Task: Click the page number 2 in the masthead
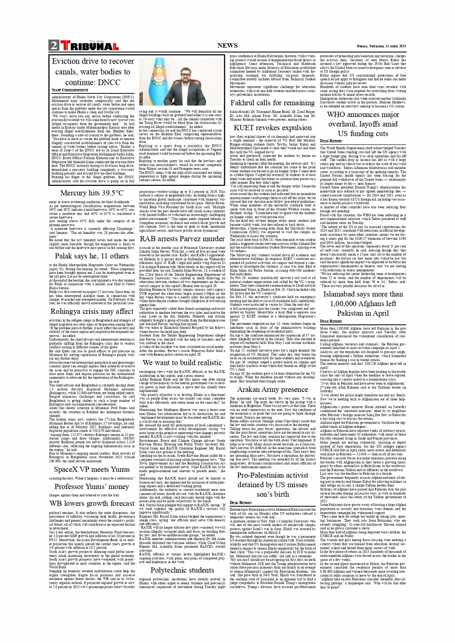53,46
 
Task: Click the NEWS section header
227,46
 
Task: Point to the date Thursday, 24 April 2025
381,46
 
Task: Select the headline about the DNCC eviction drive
93,72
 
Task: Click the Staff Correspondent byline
70,90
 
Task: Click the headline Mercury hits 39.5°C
92,193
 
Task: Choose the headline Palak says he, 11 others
91,256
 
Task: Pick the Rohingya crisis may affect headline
92,311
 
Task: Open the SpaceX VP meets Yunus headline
92,469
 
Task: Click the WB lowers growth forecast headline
92,503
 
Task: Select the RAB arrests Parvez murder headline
182,239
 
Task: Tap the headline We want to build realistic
182,362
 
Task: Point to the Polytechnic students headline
182,570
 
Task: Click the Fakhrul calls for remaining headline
273,103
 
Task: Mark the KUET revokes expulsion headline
273,128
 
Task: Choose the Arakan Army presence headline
273,389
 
